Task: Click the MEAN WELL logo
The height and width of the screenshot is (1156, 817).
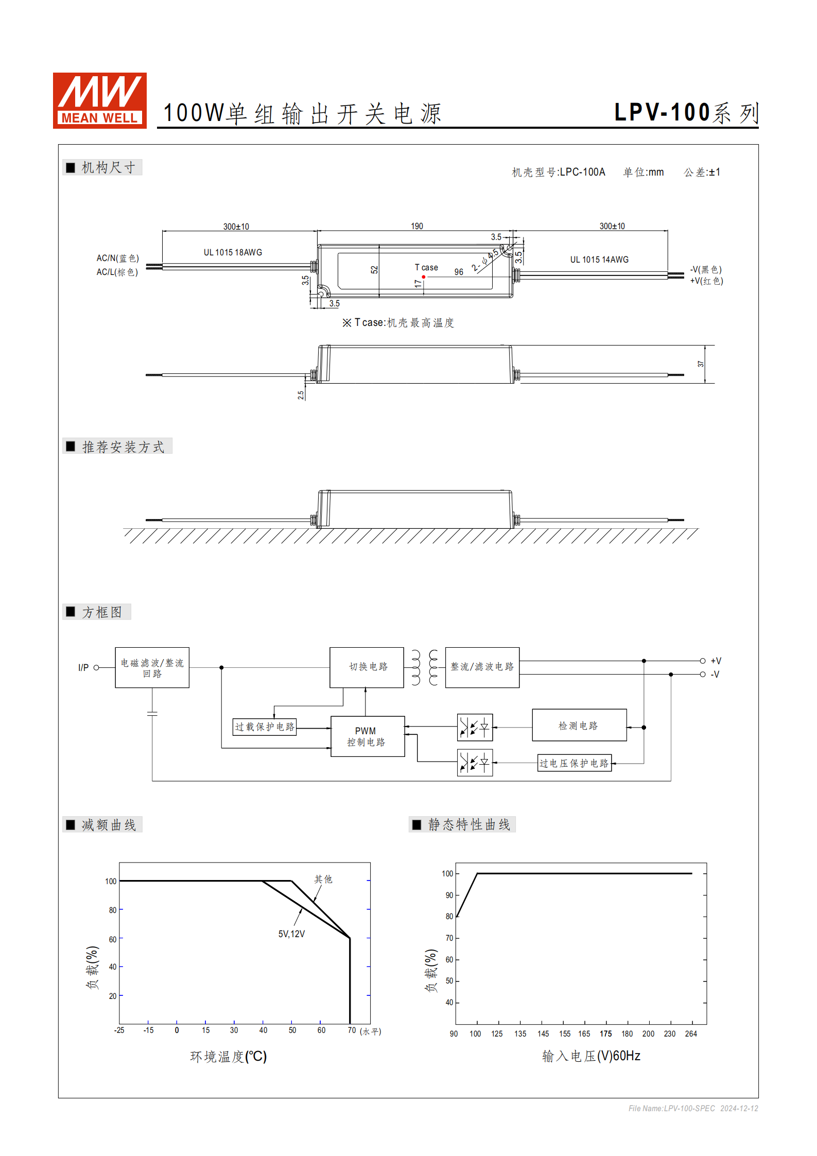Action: tap(100, 100)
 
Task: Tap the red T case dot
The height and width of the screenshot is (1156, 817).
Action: tap(424, 277)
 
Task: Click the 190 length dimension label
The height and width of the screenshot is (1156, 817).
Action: tap(416, 226)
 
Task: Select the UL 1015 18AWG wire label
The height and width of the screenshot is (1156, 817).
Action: tap(233, 252)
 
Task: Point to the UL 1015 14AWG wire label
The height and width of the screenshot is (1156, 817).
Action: tap(599, 260)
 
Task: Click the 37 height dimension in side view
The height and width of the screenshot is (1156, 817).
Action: tap(701, 364)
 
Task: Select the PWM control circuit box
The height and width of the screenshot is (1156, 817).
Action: tap(367, 736)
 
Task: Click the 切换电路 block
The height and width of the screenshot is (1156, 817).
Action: tap(367, 667)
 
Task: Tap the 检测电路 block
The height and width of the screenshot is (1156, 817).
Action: tap(579, 725)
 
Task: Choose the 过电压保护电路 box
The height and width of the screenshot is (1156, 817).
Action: tap(575, 763)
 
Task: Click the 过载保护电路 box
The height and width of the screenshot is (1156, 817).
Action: tap(265, 727)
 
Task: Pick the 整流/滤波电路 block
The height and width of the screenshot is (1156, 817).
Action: tap(482, 667)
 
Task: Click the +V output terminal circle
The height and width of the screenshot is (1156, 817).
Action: tap(703, 661)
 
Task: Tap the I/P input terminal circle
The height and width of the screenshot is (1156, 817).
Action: tap(96, 667)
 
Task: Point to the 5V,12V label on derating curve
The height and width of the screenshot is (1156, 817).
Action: tap(291, 934)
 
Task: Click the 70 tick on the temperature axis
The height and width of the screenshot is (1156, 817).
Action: tap(352, 1030)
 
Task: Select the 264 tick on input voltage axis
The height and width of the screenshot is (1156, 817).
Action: tap(691, 1033)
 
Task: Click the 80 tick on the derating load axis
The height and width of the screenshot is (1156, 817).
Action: tap(112, 910)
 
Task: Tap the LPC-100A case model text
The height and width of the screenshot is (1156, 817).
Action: tap(582, 172)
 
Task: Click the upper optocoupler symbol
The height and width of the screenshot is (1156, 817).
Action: tap(475, 727)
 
